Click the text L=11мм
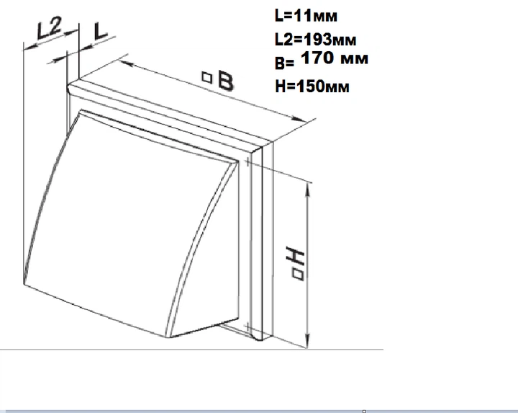[x=306, y=16]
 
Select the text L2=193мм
[x=316, y=40]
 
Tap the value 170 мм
[x=335, y=58]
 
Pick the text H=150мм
[x=312, y=86]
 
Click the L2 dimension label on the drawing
[x=49, y=28]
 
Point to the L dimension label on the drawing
[x=100, y=32]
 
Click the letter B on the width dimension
[x=226, y=81]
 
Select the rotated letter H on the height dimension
[x=295, y=257]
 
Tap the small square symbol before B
[x=206, y=77]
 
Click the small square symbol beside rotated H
[x=298, y=275]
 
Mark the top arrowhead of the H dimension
[x=308, y=190]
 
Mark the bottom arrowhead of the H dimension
[x=308, y=341]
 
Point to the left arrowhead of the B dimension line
[x=126, y=63]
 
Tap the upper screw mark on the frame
[x=247, y=162]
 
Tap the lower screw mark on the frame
[x=247, y=328]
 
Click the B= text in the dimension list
[x=284, y=63]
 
